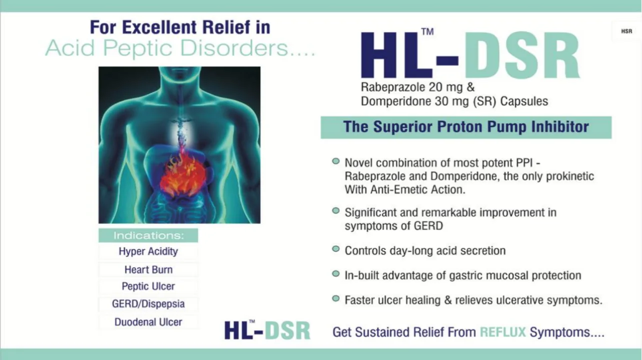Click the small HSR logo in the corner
626,31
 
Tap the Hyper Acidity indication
148,251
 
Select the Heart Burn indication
149,269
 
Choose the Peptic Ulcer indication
148,286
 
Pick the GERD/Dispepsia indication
148,304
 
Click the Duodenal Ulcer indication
148,322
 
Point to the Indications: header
149,235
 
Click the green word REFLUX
503,332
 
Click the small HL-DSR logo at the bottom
267,330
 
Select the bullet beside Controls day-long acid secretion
336,248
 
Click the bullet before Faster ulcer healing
336,298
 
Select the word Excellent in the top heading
160,27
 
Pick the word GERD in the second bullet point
428,226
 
